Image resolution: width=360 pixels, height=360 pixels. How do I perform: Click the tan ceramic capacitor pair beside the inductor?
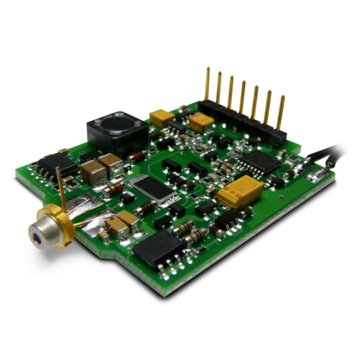pos(103,166)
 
